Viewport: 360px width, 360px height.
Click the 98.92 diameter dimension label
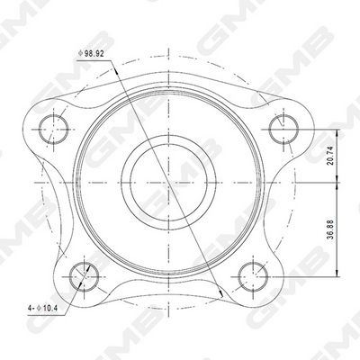pyautogui.click(x=91, y=54)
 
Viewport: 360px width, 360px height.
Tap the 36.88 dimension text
pyautogui.click(x=330, y=229)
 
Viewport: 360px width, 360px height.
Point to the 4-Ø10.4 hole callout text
pyautogui.click(x=42, y=308)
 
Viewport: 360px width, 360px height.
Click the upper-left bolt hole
pyautogui.click(x=54, y=130)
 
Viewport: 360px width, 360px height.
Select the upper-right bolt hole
pyautogui.click(x=283, y=130)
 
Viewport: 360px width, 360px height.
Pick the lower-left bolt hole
pyautogui.click(x=84, y=276)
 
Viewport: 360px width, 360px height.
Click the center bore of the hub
pyautogui.click(x=168, y=183)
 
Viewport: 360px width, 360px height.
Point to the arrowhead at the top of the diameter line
pyautogui.click(x=114, y=70)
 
